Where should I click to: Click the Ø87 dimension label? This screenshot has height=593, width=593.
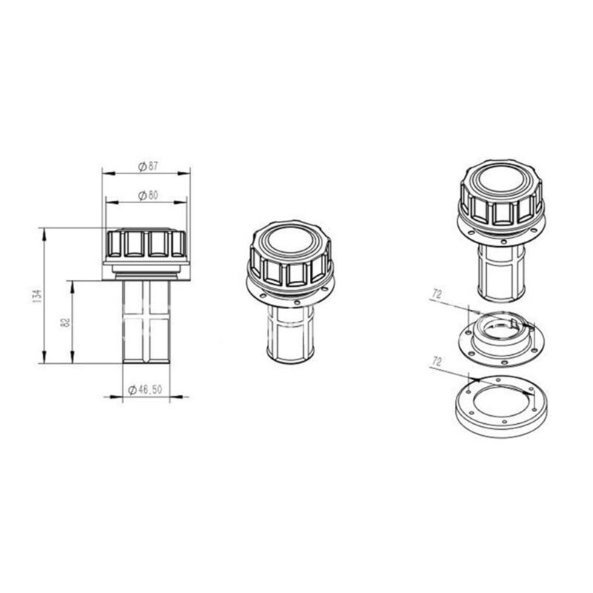coord(148,167)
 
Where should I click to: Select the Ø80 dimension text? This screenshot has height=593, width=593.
coord(148,195)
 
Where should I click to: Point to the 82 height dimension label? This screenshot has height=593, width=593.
coord(65,322)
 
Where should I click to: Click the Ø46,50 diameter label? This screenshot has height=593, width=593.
coord(145,390)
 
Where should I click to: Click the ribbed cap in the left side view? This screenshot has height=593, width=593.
coord(145,244)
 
